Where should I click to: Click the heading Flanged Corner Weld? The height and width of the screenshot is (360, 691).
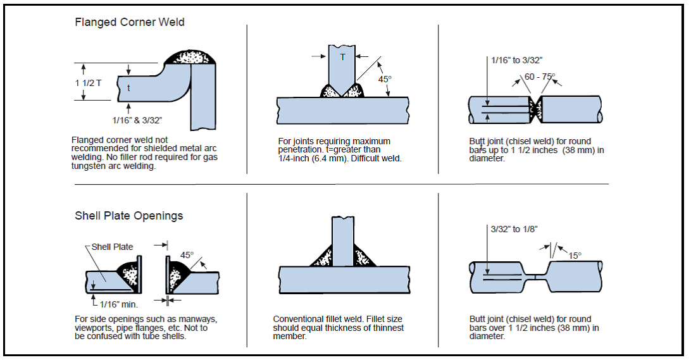pyautogui.click(x=130, y=22)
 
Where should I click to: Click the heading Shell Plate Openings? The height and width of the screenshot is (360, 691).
pyautogui.click(x=129, y=216)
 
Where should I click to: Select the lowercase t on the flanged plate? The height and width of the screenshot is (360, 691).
pyautogui.click(x=128, y=89)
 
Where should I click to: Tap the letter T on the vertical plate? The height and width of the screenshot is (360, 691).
pyautogui.click(x=343, y=57)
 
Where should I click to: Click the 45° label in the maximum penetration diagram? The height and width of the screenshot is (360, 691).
pyautogui.click(x=385, y=80)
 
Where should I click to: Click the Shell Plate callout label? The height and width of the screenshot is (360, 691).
pyautogui.click(x=112, y=247)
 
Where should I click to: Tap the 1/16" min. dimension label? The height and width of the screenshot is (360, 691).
pyautogui.click(x=119, y=304)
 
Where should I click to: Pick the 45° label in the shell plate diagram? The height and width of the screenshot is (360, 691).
pyautogui.click(x=187, y=256)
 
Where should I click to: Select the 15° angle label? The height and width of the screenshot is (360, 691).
pyautogui.click(x=575, y=256)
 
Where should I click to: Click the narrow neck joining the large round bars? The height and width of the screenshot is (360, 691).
pyautogui.click(x=535, y=276)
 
